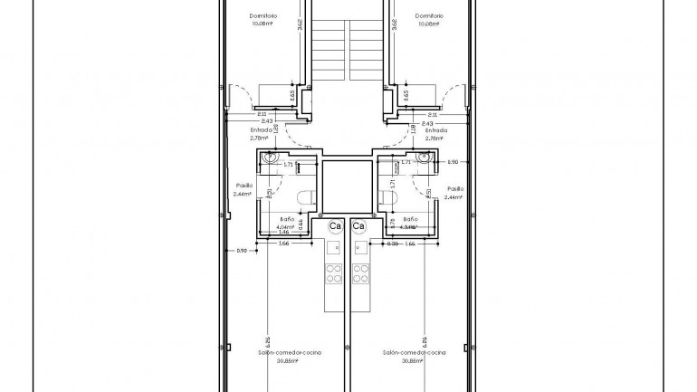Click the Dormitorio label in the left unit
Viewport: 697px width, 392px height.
tap(263, 15)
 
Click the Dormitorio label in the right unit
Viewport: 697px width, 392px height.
tap(428, 15)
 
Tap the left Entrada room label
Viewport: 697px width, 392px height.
tap(261, 129)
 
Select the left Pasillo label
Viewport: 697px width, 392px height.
tap(242, 186)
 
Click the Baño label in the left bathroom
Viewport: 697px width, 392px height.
tap(285, 219)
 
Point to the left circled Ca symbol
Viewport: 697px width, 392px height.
tap(335, 225)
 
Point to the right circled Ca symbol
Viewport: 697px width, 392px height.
tap(358, 225)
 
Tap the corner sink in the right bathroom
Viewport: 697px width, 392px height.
tap(424, 158)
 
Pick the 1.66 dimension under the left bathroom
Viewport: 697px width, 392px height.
tap(283, 244)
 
